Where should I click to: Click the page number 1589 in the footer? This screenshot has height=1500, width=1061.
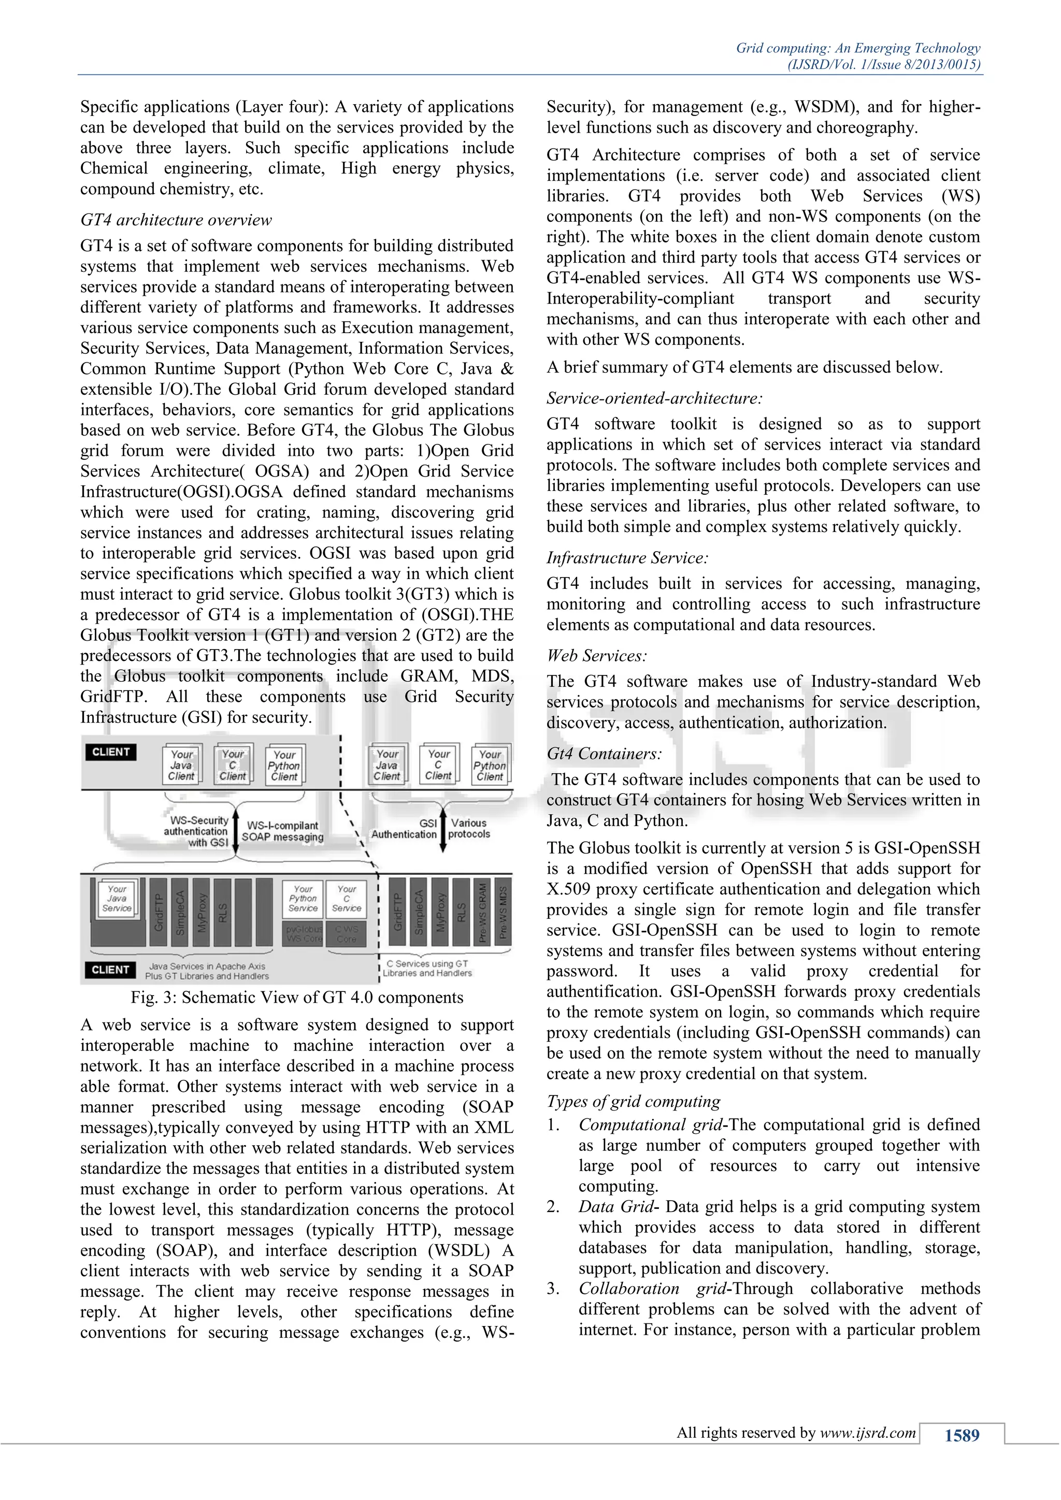point(962,1435)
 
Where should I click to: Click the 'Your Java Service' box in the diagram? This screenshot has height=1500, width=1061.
point(117,899)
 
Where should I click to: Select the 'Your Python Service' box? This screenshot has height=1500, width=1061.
point(303,899)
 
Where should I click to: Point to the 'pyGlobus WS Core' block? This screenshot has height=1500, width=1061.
point(304,933)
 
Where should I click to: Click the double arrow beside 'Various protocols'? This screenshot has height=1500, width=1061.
point(443,830)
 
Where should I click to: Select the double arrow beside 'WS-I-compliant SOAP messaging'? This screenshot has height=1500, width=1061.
point(236,831)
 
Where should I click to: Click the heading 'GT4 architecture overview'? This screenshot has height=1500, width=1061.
point(176,220)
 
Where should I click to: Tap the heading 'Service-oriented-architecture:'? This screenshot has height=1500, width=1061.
point(655,398)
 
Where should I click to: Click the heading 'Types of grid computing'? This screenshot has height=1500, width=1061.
point(633,1102)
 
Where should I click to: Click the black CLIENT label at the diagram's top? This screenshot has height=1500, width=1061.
point(110,752)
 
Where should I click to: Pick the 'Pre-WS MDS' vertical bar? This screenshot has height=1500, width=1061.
point(503,912)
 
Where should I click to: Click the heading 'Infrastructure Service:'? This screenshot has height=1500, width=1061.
point(627,558)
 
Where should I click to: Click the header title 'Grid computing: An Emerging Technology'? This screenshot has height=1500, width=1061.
point(858,48)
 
